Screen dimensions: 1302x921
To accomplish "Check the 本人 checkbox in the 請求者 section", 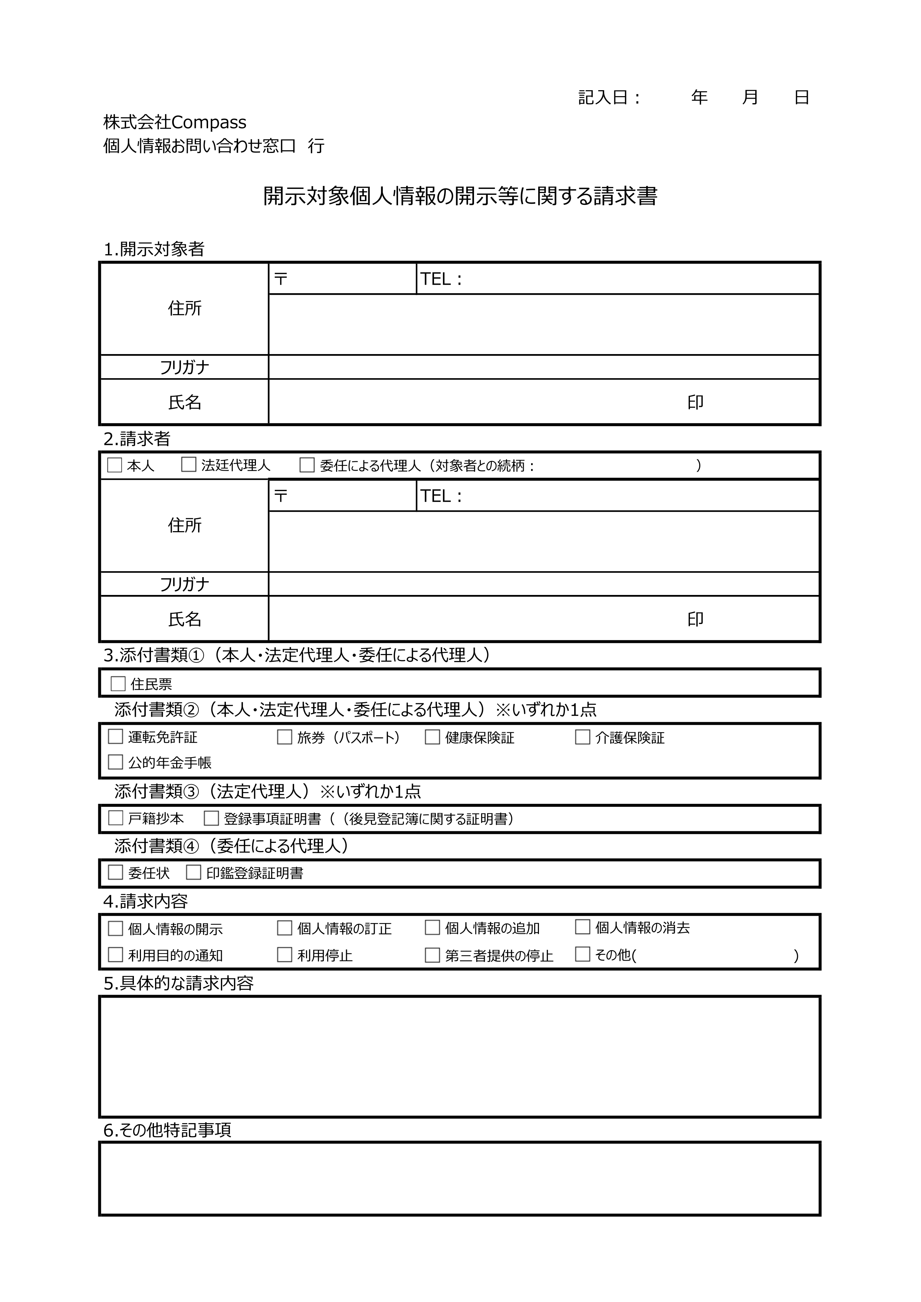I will pyautogui.click(x=115, y=465).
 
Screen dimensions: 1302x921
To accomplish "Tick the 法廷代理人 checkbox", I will pyautogui.click(x=188, y=465).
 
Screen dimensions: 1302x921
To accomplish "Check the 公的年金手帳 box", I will pyautogui.click(x=116, y=762).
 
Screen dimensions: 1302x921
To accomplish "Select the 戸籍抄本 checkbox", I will pyautogui.click(x=116, y=818).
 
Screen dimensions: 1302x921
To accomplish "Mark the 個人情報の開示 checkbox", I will pyautogui.click(x=116, y=928).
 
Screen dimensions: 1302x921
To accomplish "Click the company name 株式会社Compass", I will pyautogui.click(x=175, y=122).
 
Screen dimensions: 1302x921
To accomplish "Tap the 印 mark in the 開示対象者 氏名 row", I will pyautogui.click(x=695, y=402).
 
